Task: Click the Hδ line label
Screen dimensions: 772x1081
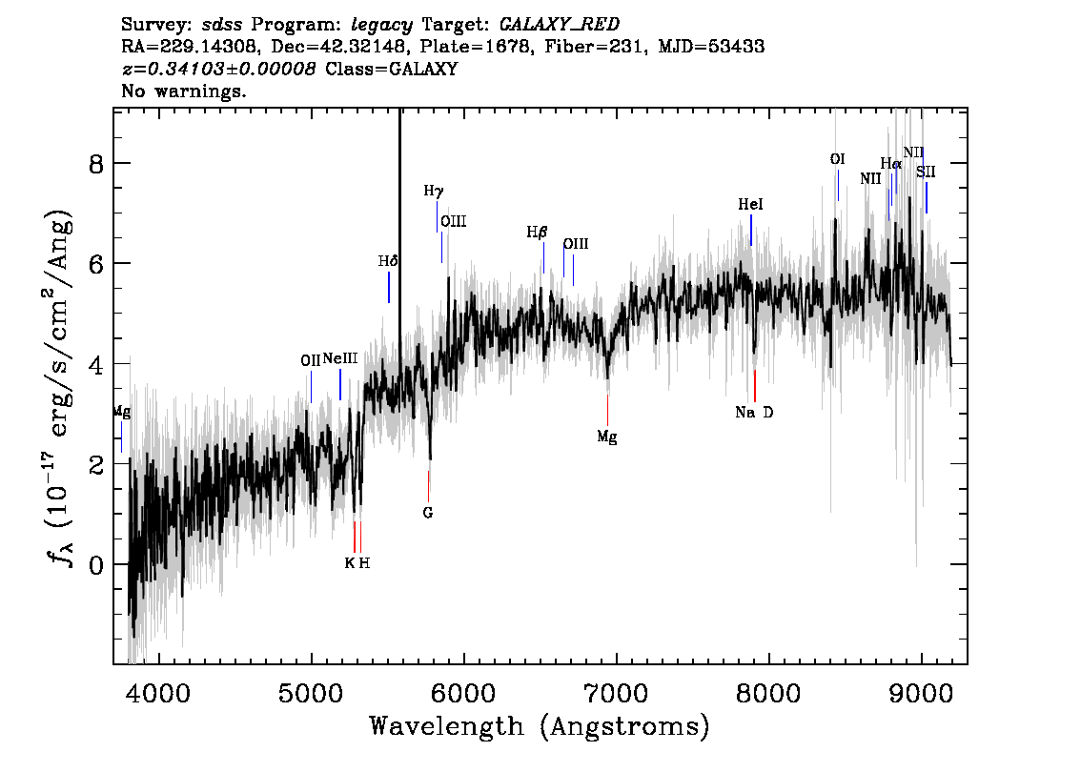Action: pos(387,261)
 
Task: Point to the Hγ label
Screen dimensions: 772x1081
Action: pos(434,192)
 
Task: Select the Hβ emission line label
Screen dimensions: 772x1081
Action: pos(538,233)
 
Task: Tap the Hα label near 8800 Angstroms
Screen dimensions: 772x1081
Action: pos(890,164)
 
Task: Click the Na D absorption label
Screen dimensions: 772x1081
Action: pos(754,413)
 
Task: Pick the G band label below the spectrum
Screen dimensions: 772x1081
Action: pos(428,513)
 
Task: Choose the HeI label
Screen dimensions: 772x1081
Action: pos(751,205)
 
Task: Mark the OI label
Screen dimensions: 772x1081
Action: pos(837,159)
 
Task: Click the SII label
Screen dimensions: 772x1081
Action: pos(926,173)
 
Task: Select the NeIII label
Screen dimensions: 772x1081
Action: pos(340,359)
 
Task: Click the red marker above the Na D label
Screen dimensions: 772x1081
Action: pos(754,385)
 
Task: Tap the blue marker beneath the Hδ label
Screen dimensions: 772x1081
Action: pos(389,287)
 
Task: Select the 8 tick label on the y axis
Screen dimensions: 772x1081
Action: pos(94,163)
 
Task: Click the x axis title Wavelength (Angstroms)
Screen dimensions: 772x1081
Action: pos(540,726)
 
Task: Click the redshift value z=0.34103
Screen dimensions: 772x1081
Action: pos(218,70)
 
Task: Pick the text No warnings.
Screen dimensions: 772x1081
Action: pos(184,92)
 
